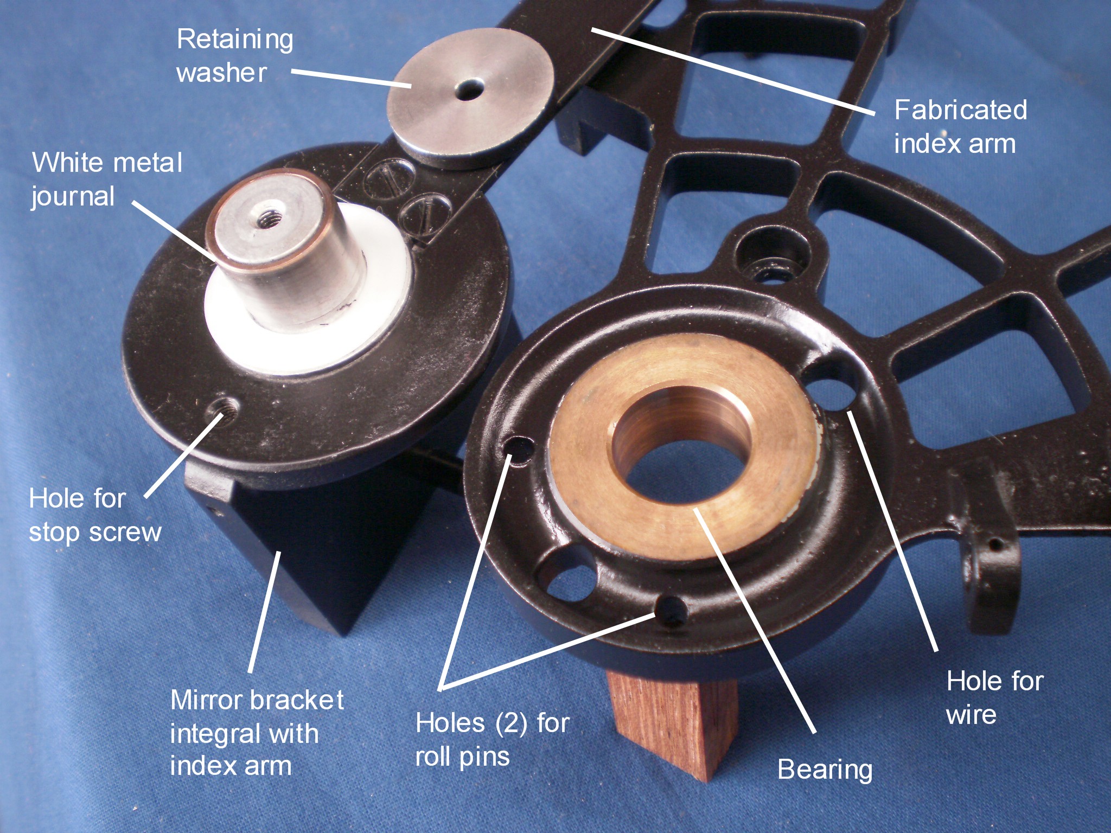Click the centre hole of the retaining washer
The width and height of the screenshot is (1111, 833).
(x=470, y=90)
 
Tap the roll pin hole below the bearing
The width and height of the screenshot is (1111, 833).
(x=672, y=611)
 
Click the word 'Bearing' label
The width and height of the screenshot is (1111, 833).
(x=825, y=770)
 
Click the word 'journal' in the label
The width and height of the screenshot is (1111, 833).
(x=73, y=197)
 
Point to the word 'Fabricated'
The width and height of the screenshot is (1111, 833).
(x=960, y=110)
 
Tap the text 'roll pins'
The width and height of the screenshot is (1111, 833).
(x=462, y=756)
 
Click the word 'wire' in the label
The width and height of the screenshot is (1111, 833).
(x=971, y=715)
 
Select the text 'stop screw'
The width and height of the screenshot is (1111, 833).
(x=95, y=533)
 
